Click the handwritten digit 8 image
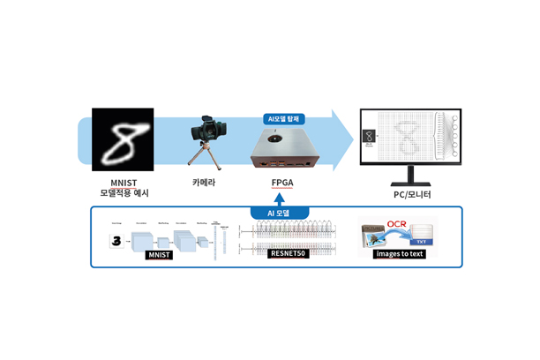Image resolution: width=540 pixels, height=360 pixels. (x=121, y=139)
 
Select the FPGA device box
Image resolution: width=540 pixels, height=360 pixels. (x=281, y=147)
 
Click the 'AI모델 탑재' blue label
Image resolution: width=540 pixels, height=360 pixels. (x=281, y=117)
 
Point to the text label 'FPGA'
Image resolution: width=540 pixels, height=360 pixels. (x=282, y=182)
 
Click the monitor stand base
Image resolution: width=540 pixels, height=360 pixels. (x=409, y=179)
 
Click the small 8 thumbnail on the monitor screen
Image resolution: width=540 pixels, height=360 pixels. (x=370, y=137)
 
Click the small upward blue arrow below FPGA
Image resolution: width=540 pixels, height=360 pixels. (x=281, y=199)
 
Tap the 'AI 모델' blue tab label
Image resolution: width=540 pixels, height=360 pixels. (x=281, y=213)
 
